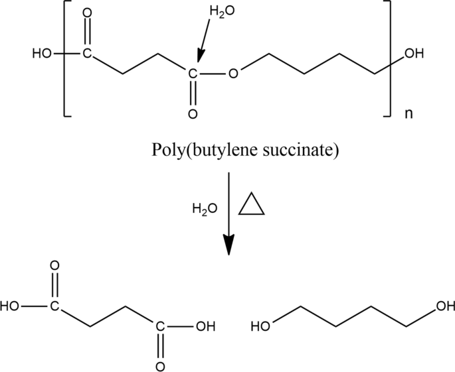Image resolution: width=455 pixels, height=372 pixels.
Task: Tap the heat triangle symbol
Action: [x=252, y=205]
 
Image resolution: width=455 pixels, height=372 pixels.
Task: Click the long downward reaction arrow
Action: [x=228, y=212]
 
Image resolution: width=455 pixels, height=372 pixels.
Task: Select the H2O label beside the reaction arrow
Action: [x=205, y=209]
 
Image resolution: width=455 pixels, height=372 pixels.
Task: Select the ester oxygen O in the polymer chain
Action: [x=232, y=72]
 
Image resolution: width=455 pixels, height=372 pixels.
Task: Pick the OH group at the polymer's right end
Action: [x=413, y=54]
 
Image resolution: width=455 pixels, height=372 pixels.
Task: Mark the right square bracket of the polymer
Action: [x=388, y=59]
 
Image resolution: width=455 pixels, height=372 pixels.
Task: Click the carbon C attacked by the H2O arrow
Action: [x=193, y=74]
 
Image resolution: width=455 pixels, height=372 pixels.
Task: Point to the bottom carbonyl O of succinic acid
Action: [x=159, y=365]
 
